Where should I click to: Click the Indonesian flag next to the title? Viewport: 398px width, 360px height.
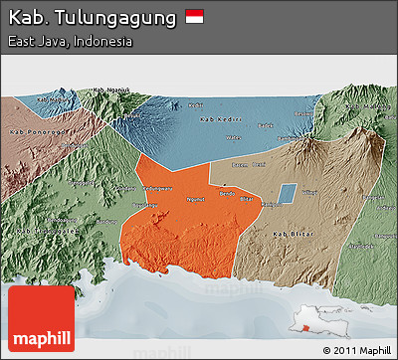tap(194, 17)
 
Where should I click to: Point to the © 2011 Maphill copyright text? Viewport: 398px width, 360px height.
tap(357, 351)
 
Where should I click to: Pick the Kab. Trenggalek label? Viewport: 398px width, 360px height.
tap(50, 228)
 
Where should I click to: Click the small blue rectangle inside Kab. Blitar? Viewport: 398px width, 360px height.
tap(287, 194)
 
